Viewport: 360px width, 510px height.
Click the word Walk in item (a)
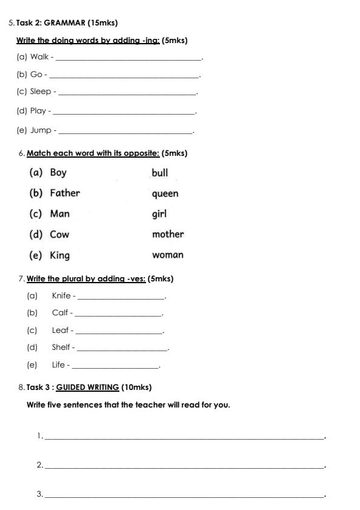[x=39, y=57]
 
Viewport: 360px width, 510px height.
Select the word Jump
[x=41, y=130]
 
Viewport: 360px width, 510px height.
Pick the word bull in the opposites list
[x=160, y=173]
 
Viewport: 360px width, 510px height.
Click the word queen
[x=165, y=193]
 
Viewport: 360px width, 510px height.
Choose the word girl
[x=159, y=213]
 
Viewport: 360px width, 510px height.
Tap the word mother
[x=168, y=234]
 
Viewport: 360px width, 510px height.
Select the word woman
[x=168, y=255]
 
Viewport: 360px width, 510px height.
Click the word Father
[x=65, y=193]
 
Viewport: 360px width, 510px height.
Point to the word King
[x=60, y=255]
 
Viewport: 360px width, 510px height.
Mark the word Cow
[x=59, y=234]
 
